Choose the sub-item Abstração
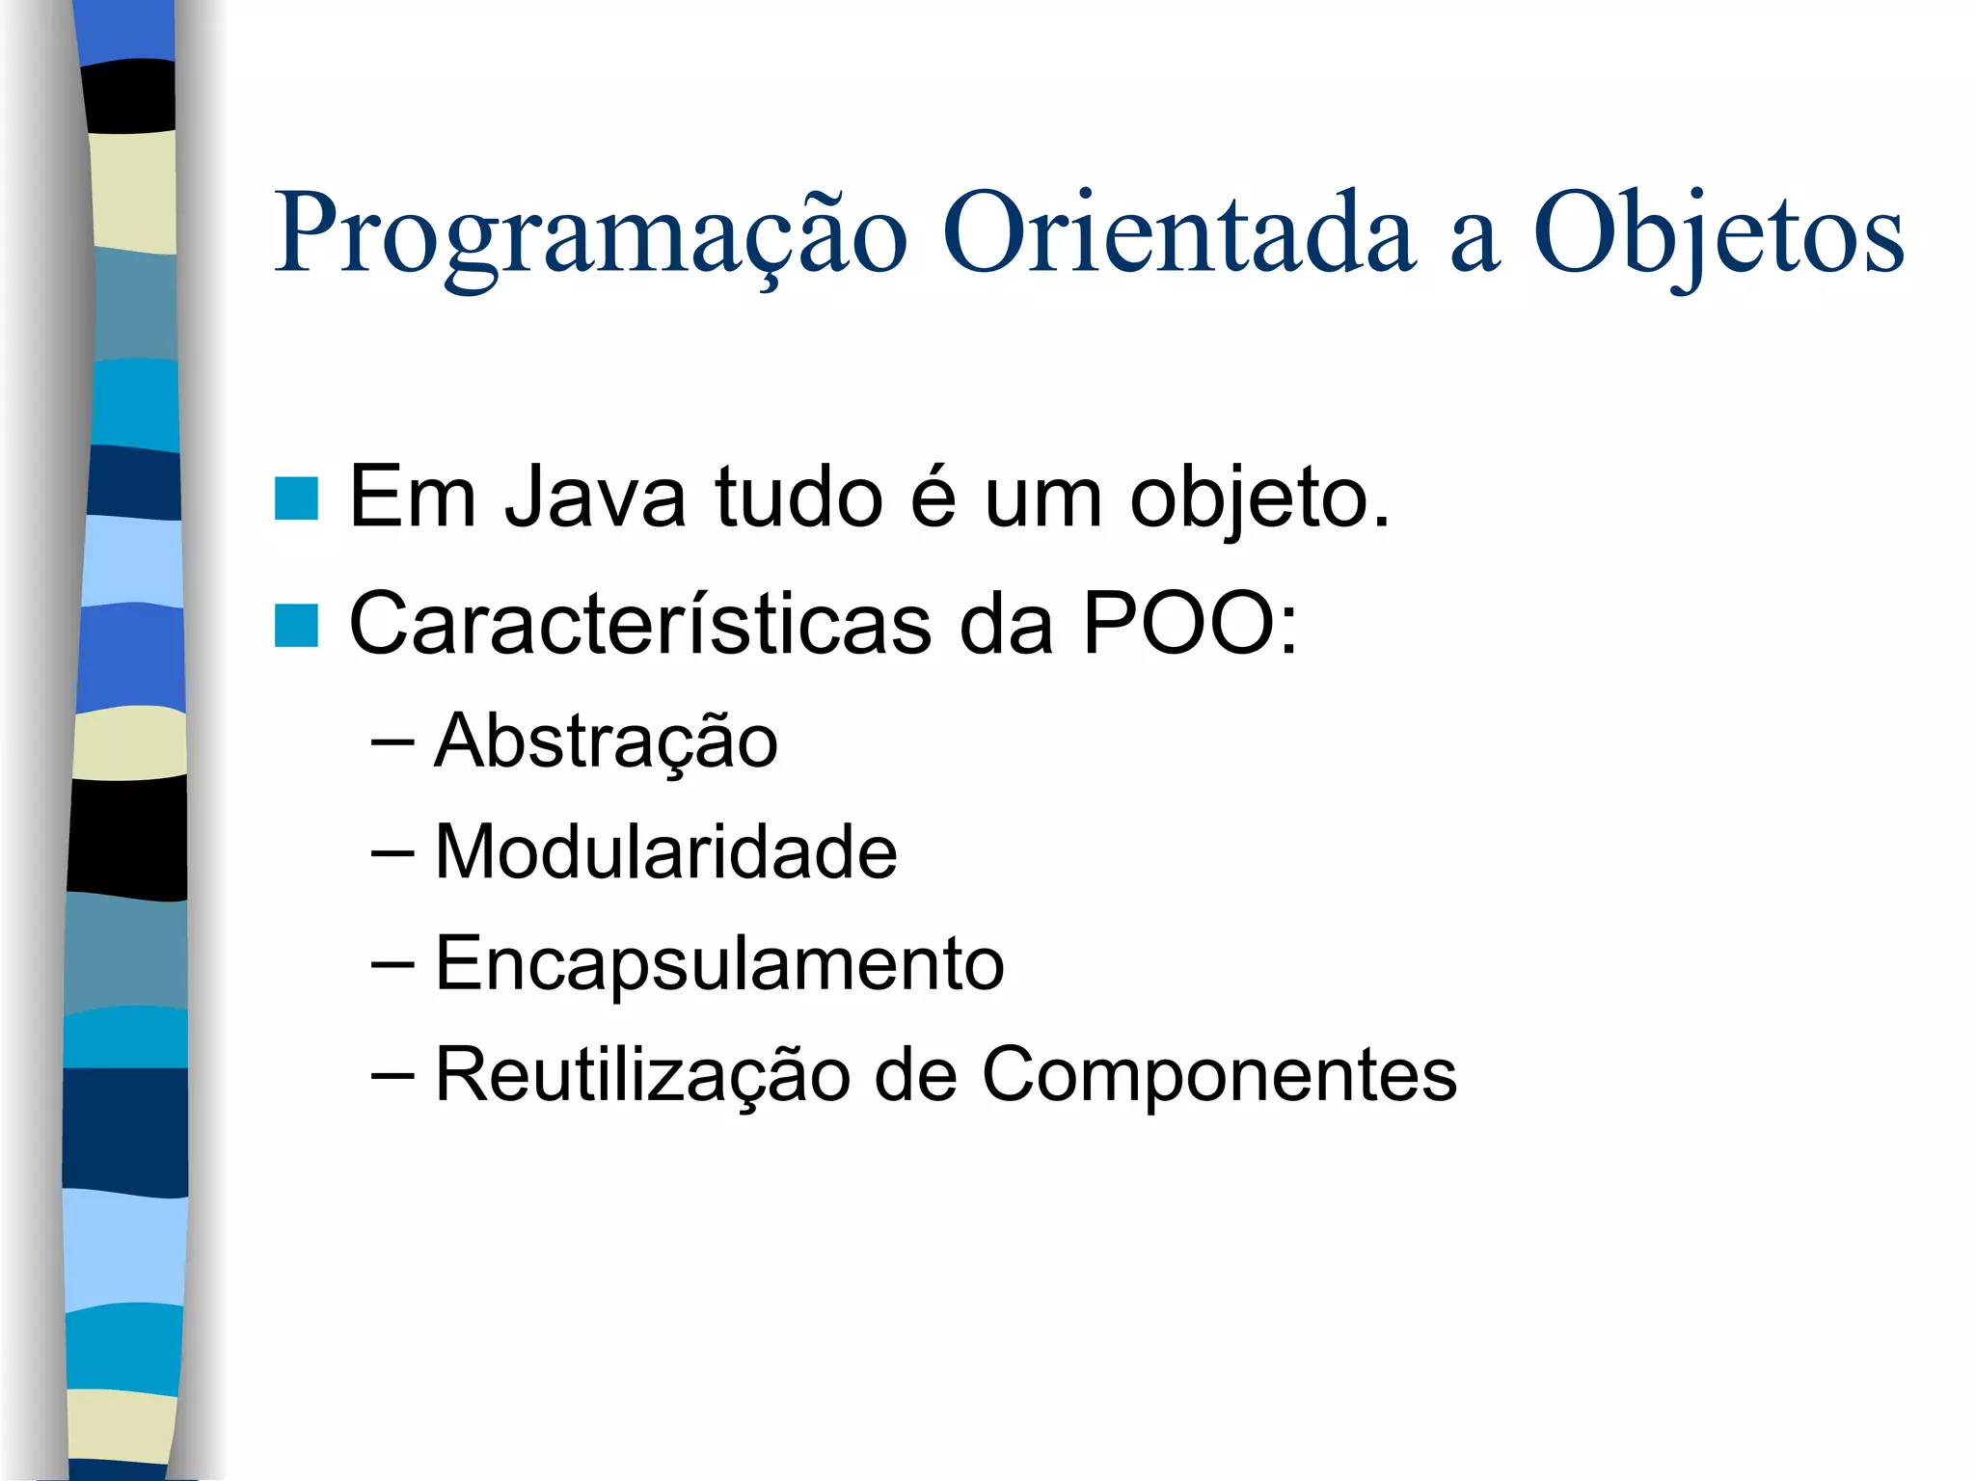[606, 742]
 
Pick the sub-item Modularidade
[665, 852]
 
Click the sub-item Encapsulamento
[719, 964]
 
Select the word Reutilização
[642, 1075]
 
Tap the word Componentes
[1219, 1075]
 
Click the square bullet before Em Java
[296, 498]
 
